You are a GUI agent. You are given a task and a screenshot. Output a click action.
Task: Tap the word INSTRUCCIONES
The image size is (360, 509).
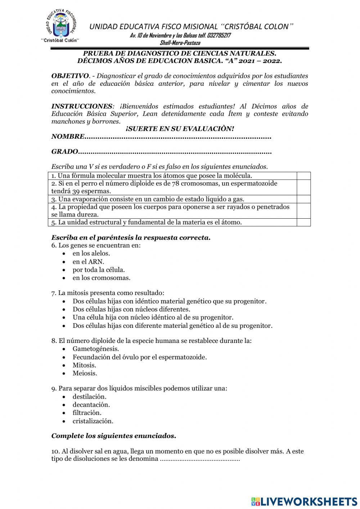(x=82, y=106)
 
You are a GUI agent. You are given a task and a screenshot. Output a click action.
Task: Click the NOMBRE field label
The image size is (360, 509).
(x=68, y=137)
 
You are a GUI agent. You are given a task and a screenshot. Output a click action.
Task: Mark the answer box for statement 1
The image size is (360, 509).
(x=303, y=176)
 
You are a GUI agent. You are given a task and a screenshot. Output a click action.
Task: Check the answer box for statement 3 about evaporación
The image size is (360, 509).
(x=303, y=199)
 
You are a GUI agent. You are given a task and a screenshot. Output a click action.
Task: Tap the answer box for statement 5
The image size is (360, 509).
(x=303, y=222)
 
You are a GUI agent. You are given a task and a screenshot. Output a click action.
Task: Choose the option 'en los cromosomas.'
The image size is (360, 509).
(x=102, y=278)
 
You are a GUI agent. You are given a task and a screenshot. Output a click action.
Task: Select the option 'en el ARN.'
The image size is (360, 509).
(x=88, y=262)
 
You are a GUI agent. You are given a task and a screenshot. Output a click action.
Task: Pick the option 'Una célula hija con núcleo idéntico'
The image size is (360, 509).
(x=153, y=317)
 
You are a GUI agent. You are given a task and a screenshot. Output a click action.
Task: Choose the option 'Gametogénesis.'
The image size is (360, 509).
(x=96, y=349)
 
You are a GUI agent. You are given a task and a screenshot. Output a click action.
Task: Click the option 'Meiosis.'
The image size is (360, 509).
(x=85, y=373)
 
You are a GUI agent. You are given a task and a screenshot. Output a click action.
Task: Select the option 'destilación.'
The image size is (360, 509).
(x=90, y=397)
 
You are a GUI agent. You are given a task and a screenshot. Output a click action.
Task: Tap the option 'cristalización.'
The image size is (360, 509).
(x=93, y=421)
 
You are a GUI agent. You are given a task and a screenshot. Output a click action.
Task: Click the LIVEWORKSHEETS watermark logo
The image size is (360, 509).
(x=304, y=501)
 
